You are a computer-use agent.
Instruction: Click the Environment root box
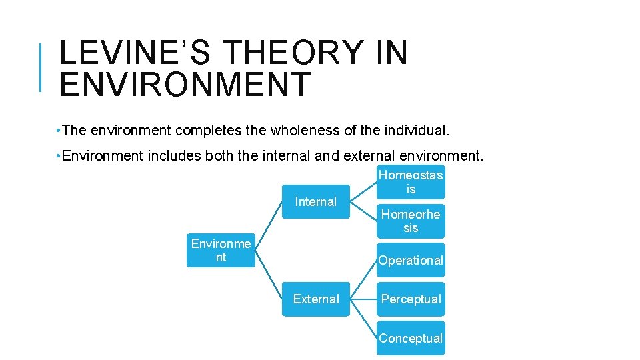tap(221, 251)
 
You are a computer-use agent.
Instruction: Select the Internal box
tap(315, 201)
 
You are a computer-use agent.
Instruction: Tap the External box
tap(315, 299)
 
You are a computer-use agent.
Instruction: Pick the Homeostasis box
tap(411, 181)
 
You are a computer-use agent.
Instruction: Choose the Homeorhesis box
tap(411, 221)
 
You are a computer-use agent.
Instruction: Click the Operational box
tap(411, 260)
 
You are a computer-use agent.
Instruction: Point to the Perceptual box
tap(411, 299)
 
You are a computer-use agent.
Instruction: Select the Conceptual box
tap(411, 338)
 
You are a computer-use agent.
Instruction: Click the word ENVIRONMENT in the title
tap(185, 85)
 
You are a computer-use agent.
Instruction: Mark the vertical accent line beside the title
tap(41, 67)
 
